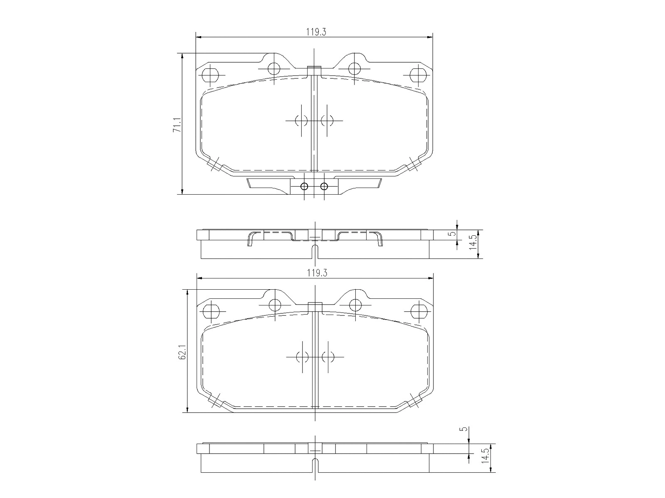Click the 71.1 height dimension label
[x=177, y=125]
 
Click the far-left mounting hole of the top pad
[x=209, y=75]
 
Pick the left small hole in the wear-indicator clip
[x=304, y=186]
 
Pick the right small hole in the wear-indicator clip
[x=324, y=186]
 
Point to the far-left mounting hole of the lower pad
[x=211, y=311]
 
